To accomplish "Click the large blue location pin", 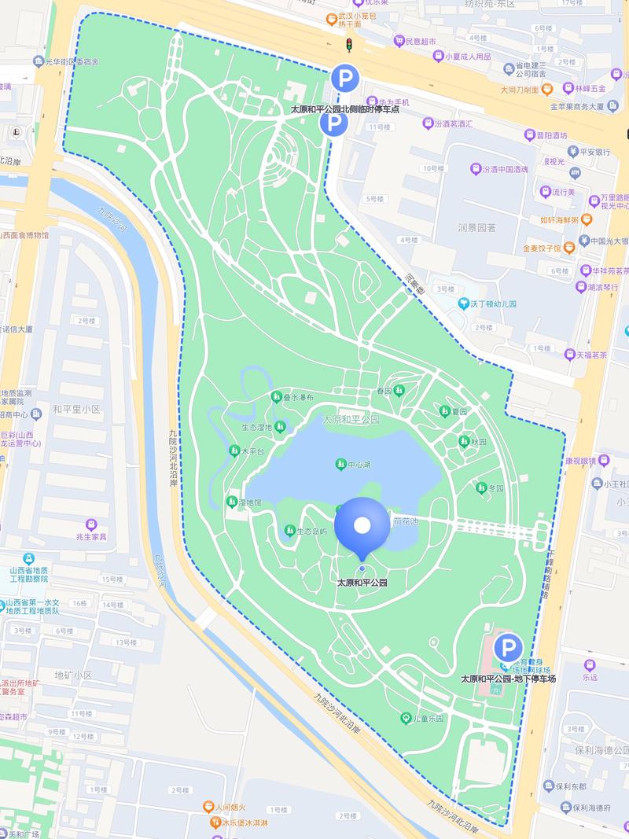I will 362,525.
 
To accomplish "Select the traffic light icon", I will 347,46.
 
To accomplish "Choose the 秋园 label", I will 478,441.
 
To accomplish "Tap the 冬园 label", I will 495,488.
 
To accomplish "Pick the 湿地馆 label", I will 249,502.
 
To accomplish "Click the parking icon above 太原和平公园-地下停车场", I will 509,648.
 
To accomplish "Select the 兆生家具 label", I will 91,536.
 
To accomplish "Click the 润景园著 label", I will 476,228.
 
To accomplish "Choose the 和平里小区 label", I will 76,409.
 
